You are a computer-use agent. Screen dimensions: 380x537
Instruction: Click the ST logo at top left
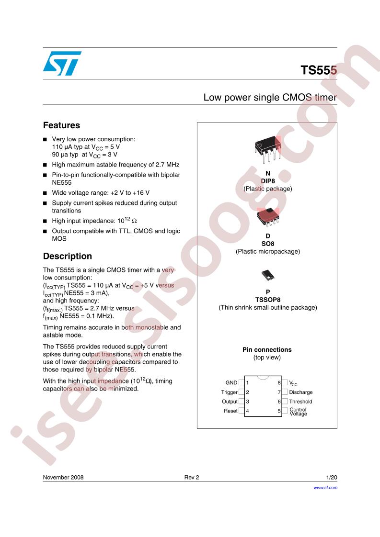coord(62,63)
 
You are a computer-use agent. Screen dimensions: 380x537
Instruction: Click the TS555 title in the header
coord(319,70)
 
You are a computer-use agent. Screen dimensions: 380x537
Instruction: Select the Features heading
coord(61,125)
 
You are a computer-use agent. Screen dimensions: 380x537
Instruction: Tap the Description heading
coord(67,256)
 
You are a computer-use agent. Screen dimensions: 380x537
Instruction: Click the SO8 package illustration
coord(268,217)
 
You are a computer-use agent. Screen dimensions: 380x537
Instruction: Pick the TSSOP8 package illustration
coord(268,275)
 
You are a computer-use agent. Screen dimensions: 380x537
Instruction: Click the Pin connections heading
coord(267,350)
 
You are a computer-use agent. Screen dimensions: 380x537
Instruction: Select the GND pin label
coord(231,382)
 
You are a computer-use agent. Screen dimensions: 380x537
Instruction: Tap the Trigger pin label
coord(230,392)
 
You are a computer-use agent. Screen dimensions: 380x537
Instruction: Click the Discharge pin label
coord(301,392)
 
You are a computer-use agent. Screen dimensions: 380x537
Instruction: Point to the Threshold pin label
coord(300,402)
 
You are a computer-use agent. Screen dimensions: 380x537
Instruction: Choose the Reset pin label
coord(230,411)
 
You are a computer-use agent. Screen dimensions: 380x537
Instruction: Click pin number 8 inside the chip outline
coord(279,383)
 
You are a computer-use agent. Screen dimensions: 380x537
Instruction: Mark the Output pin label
coord(230,402)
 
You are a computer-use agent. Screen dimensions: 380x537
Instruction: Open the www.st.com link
coord(325,488)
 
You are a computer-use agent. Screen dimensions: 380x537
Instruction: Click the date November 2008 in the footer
coord(63,477)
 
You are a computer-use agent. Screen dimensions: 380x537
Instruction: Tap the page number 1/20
coord(332,477)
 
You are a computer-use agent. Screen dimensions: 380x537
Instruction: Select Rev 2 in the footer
coord(192,477)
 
